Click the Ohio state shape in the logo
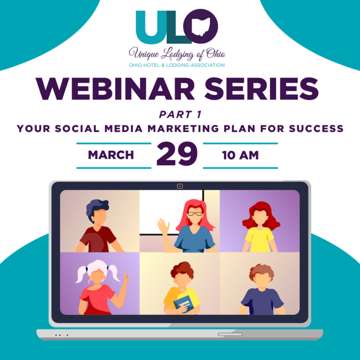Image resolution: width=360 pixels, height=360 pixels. [x=201, y=27]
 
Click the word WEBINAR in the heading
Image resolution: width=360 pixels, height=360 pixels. [x=115, y=88]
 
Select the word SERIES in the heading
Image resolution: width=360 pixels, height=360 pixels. [x=261, y=88]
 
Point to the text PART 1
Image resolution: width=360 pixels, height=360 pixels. [x=180, y=115]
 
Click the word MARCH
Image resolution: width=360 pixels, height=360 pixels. [x=111, y=155]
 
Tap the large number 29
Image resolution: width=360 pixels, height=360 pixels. [x=177, y=154]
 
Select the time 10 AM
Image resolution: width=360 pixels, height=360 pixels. [x=240, y=155]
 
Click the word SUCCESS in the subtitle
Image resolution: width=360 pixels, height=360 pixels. [x=316, y=129]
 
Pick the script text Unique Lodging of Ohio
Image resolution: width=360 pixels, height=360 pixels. [x=177, y=54]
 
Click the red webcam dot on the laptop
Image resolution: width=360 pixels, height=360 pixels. [x=180, y=186]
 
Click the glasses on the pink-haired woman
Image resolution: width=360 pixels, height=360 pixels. [x=195, y=214]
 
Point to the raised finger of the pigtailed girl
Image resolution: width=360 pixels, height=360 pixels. [x=125, y=275]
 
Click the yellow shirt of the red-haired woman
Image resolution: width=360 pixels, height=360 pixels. [x=260, y=239]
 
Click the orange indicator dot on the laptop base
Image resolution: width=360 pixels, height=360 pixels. [x=64, y=335]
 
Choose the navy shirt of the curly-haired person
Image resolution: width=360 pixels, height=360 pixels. [x=262, y=301]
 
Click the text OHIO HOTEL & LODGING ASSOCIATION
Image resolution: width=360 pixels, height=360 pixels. [x=177, y=65]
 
